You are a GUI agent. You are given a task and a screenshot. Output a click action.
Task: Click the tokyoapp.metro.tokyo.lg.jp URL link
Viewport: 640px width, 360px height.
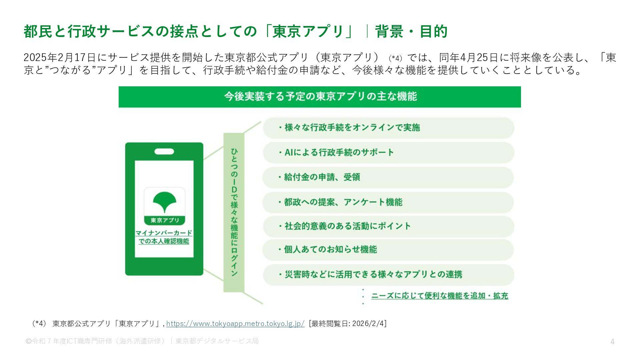coord(235,324)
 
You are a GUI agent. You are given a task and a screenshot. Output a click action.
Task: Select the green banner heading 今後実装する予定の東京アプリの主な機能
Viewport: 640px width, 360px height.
coord(320,97)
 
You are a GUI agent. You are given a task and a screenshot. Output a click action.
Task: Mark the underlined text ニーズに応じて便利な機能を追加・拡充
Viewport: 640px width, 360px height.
coord(439,296)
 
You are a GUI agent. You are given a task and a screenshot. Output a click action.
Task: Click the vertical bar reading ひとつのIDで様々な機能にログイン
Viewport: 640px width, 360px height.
coord(234,212)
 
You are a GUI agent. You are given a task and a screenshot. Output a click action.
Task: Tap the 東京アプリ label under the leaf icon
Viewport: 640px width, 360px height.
coord(165,220)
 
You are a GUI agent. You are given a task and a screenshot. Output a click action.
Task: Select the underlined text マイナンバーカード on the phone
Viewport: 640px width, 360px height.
coord(164,233)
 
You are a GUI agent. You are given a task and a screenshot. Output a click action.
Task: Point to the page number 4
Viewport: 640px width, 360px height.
coord(612,342)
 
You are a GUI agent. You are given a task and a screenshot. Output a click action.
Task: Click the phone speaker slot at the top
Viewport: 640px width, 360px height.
coord(164,152)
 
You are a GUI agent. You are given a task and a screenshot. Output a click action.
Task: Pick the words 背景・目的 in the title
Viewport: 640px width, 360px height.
coord(411,32)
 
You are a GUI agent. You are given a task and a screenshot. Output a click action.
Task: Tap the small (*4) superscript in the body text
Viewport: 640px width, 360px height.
coord(396,58)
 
